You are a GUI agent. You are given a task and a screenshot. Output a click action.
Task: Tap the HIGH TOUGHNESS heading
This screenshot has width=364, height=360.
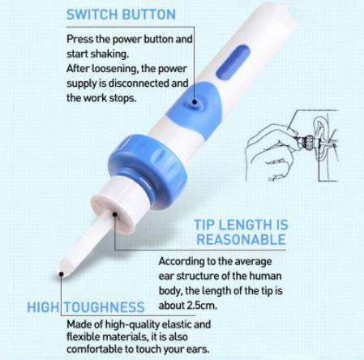86,308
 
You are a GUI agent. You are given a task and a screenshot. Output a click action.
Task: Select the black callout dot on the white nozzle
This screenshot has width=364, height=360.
116,215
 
